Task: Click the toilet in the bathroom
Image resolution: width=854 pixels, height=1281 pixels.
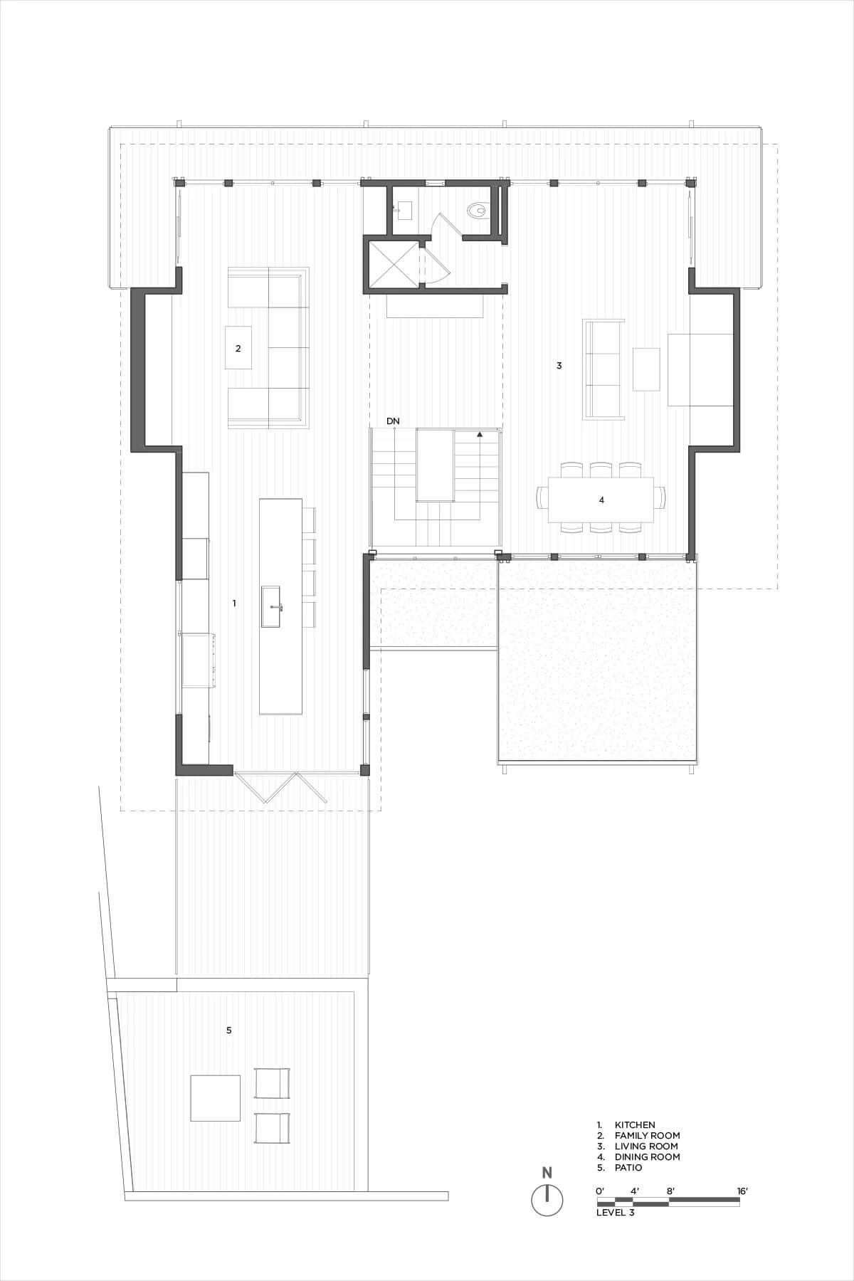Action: click(x=477, y=210)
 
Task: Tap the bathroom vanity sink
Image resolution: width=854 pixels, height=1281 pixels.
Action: click(x=404, y=209)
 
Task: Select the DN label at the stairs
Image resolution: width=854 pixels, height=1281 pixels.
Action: click(x=393, y=421)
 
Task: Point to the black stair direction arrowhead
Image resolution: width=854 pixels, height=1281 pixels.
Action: click(x=480, y=433)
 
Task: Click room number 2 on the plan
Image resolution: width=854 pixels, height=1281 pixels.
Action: click(x=238, y=348)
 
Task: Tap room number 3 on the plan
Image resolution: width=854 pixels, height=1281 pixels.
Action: click(x=559, y=366)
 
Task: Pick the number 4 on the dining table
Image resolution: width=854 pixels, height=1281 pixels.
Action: click(x=601, y=500)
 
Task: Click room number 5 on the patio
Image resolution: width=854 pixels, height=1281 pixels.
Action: click(x=228, y=1030)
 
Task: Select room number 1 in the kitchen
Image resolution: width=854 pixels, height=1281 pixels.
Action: click(x=234, y=603)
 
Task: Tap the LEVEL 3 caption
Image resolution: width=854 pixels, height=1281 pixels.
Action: click(x=615, y=1213)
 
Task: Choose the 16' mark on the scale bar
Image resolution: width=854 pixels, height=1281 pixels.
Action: click(x=742, y=1190)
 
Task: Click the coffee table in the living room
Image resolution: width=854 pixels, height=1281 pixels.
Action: click(x=646, y=369)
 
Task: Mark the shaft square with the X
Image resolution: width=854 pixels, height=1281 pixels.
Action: click(x=393, y=265)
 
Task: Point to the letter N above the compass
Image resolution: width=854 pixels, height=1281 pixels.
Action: click(x=547, y=1173)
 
